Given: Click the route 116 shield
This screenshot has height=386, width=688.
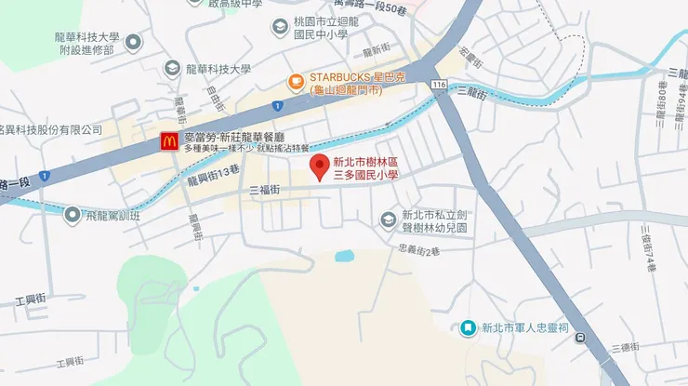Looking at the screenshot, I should pos(438,85).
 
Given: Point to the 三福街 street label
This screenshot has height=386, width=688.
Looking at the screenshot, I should pos(265,189).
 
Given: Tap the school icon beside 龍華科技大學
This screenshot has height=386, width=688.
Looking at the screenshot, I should pos(172,68).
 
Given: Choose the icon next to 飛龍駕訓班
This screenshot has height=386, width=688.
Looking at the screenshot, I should pos(72,215).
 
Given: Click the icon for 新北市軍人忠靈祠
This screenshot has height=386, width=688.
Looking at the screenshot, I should pos(468,327).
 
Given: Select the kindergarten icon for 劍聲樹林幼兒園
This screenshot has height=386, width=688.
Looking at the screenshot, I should pos(389,220).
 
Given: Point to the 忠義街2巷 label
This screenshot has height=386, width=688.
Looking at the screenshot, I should pos(417,250).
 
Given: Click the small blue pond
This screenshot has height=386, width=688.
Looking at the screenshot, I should pos(345,255).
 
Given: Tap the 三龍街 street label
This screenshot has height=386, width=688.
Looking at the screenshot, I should pos(474,91).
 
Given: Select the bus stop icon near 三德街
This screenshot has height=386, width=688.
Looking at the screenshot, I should pos(581,338).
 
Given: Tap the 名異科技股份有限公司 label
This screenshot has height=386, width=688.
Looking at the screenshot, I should pos(46,130).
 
